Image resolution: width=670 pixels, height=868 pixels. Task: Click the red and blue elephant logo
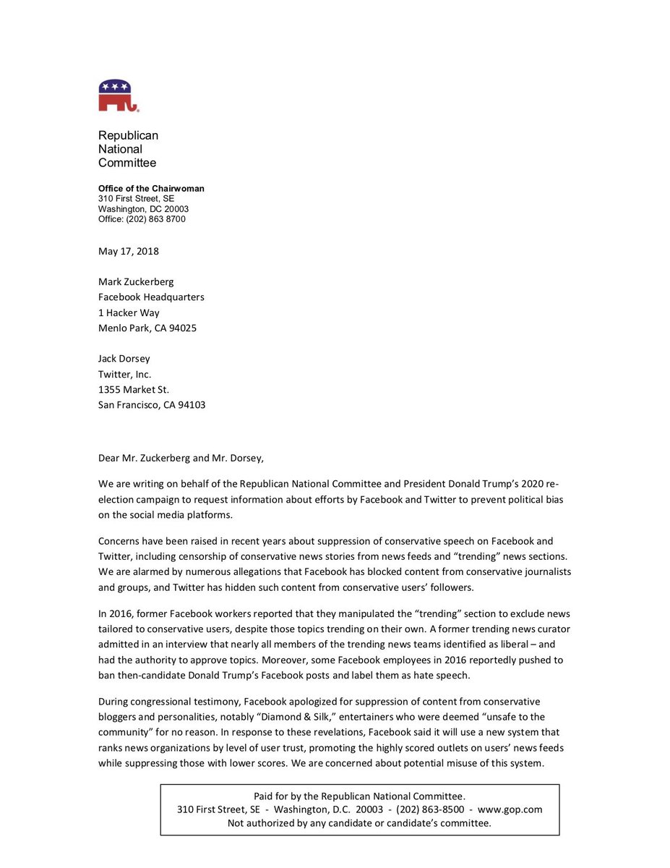tap(118, 95)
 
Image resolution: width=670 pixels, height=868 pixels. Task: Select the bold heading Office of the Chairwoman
tap(151, 189)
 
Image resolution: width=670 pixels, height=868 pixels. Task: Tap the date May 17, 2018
tap(129, 252)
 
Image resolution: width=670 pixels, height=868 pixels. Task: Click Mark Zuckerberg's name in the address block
tap(136, 281)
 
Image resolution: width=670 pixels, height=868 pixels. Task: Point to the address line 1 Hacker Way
tap(129, 312)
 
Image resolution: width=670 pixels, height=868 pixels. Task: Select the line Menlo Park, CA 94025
tap(147, 328)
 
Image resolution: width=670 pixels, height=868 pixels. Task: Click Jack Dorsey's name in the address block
tap(124, 359)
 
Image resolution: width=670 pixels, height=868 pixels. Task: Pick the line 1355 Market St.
tap(134, 389)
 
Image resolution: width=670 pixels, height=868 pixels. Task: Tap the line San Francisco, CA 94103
tap(152, 405)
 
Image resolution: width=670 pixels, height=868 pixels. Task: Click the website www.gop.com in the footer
tap(510, 809)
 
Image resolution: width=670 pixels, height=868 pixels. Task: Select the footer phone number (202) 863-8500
tap(430, 809)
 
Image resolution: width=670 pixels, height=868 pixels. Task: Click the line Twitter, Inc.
tap(124, 374)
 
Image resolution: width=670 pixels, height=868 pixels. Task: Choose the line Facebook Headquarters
tap(151, 297)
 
